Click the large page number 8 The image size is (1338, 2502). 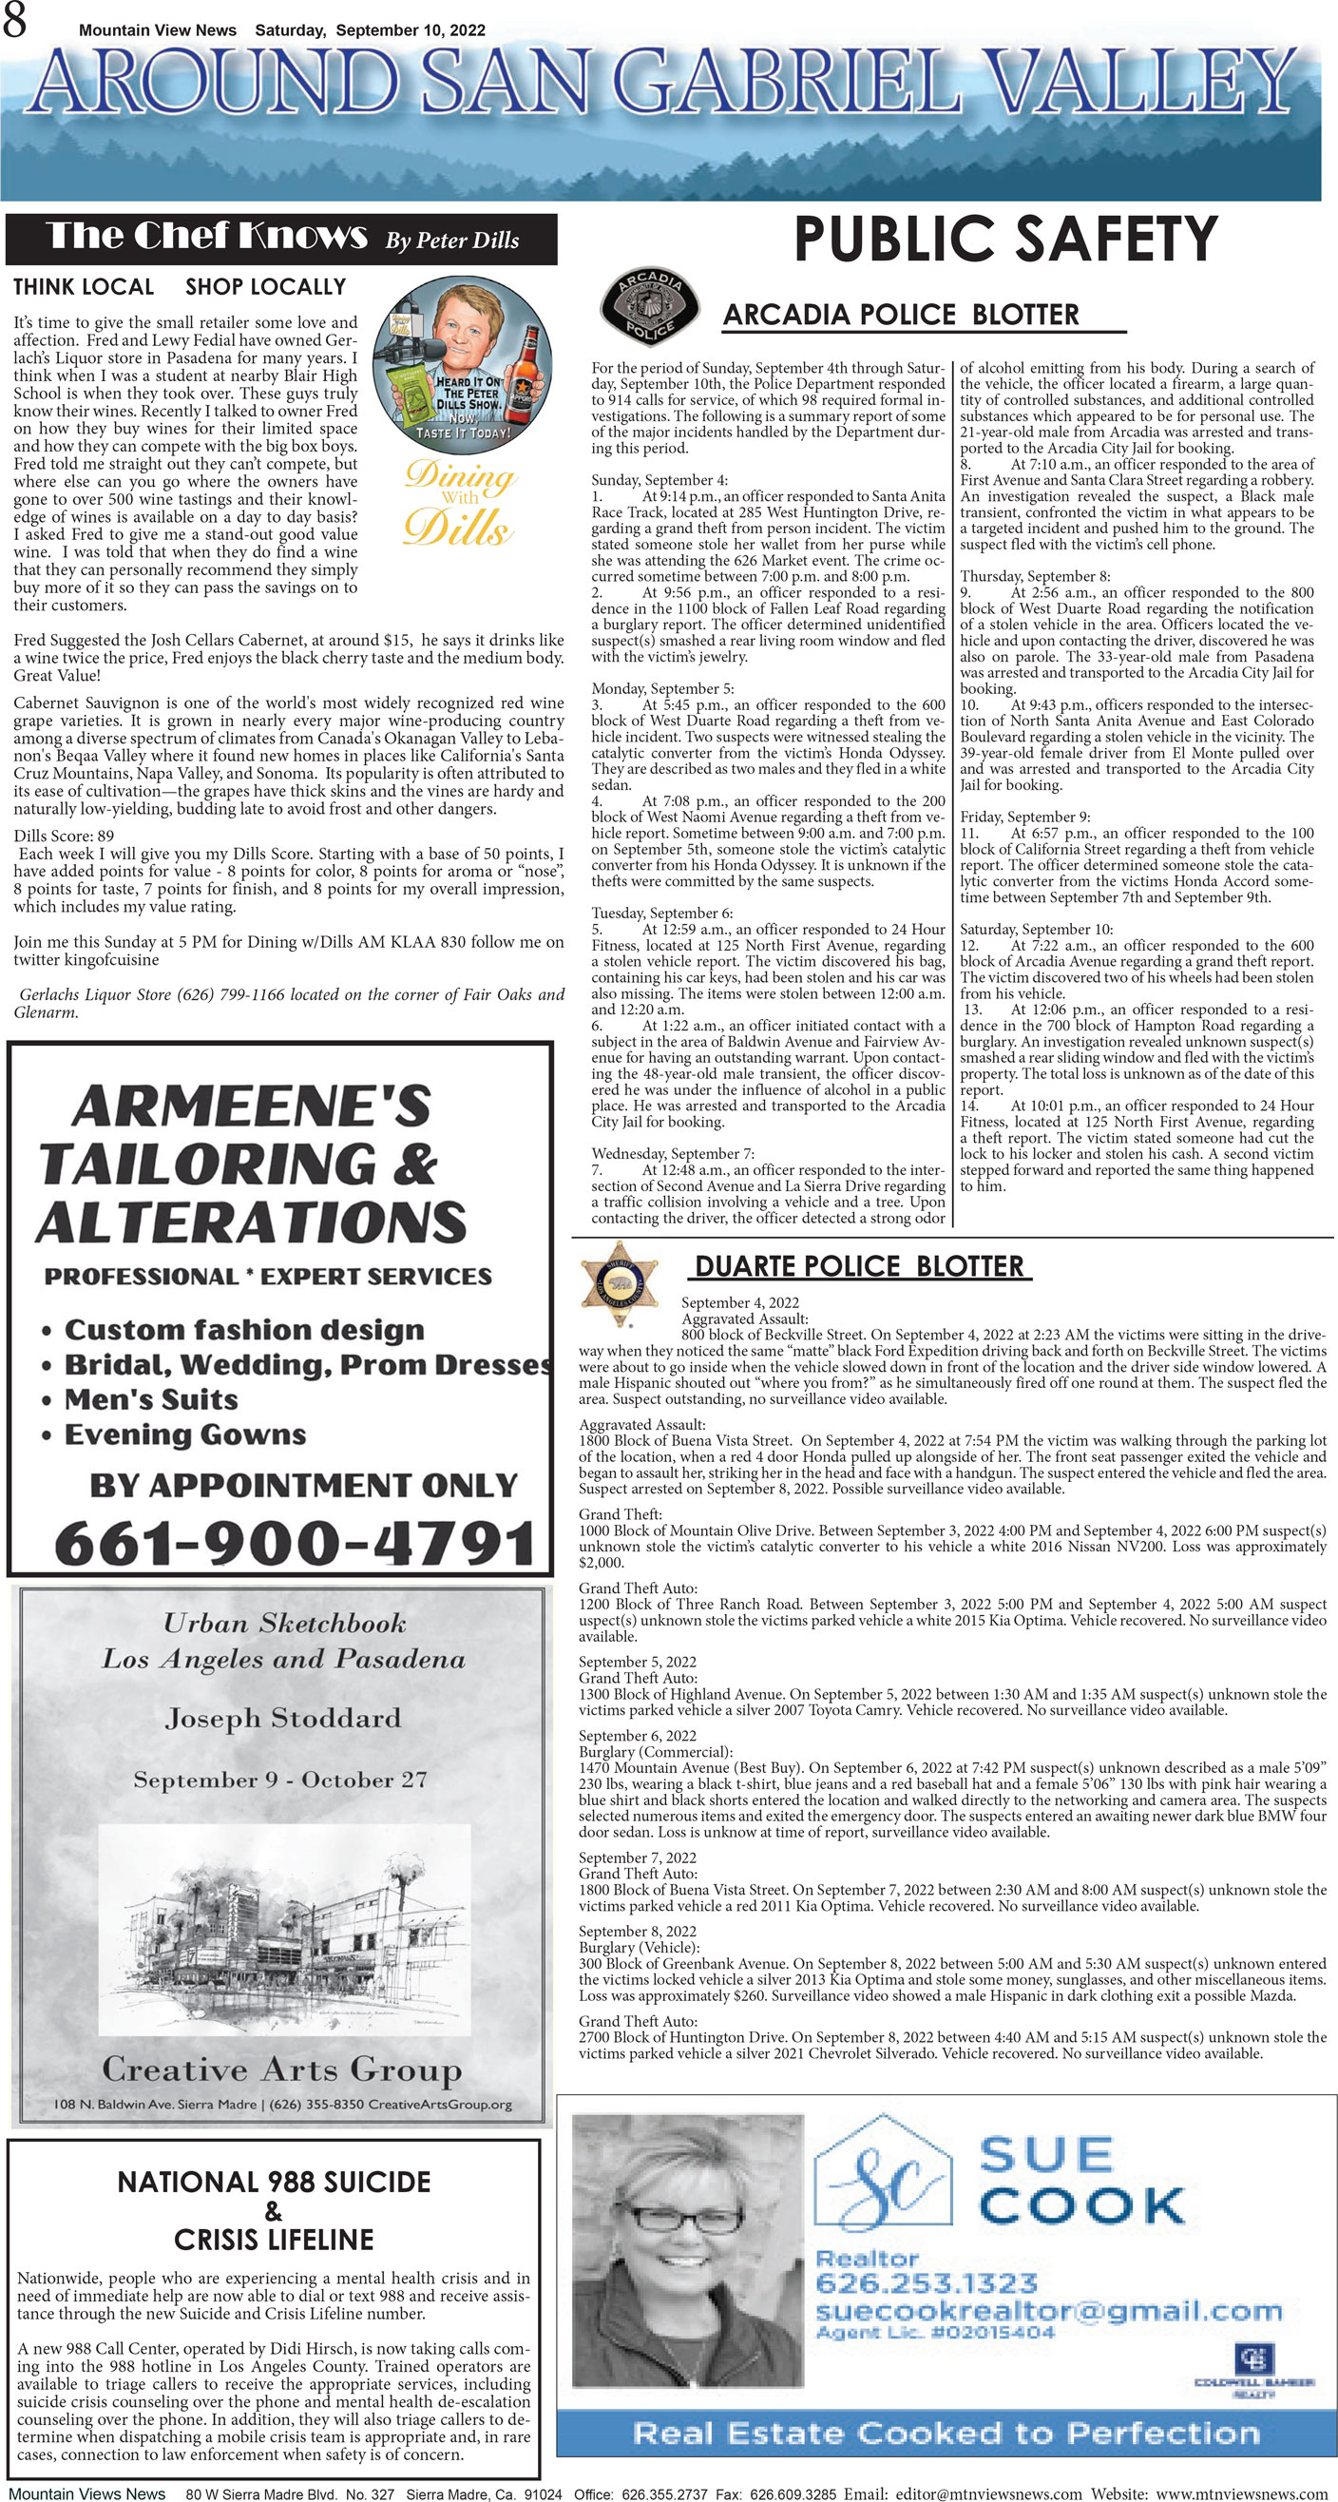14,21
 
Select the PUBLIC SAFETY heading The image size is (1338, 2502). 1005,239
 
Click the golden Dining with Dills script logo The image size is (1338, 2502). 458,503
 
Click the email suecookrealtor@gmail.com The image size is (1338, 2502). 1049,2311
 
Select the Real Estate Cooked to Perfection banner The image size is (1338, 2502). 946,2433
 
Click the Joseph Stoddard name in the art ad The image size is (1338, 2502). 282,1719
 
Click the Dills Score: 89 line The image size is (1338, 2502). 63,836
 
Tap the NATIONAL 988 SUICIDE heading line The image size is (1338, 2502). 274,2183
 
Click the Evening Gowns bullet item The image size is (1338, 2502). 184,1434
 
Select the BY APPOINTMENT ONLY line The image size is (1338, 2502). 303,1485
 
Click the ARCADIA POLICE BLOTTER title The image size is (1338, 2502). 900,315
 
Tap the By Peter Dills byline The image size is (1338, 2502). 451,241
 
